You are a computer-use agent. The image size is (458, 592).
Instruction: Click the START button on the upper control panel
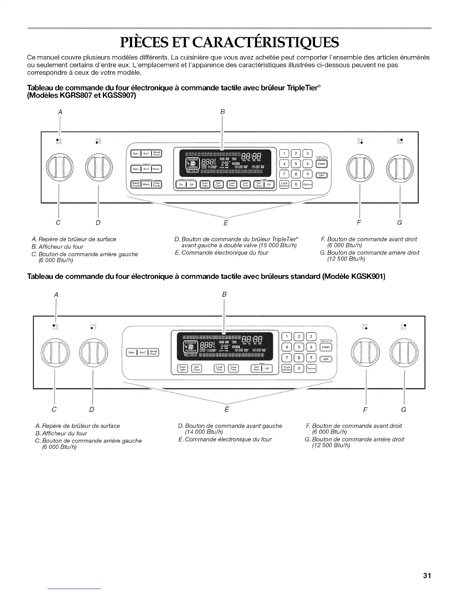[322, 164]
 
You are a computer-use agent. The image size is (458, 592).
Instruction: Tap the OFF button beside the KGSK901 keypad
[326, 359]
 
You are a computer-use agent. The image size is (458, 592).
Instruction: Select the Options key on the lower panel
[311, 369]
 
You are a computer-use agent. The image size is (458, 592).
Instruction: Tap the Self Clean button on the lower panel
[196, 369]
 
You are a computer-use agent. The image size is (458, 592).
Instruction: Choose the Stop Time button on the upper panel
[245, 184]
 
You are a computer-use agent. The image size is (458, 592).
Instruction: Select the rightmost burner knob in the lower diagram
[404, 353]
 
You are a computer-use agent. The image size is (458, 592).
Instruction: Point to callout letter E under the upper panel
[226, 223]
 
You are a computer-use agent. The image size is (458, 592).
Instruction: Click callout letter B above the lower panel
[224, 295]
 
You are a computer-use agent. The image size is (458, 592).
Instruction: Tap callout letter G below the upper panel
[399, 223]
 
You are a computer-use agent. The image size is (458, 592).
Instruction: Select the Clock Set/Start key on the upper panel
[284, 184]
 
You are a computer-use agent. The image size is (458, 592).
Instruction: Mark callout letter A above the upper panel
[60, 112]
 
